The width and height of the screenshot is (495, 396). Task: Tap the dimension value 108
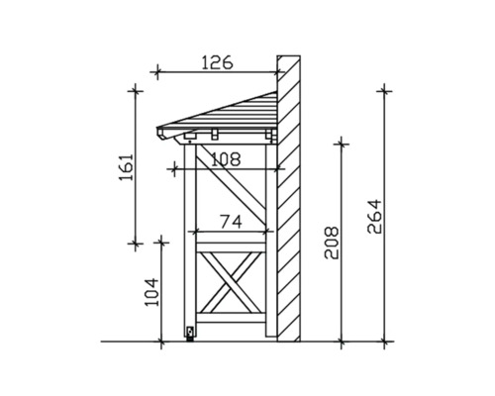tap(226, 157)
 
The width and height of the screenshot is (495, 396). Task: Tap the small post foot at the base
tap(189, 334)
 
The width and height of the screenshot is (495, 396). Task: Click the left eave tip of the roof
tap(160, 130)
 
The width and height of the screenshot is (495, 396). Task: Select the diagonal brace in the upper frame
tap(235, 190)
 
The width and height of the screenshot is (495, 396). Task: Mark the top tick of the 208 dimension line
tap(341, 143)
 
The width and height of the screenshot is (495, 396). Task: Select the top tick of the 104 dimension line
tap(162, 241)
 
